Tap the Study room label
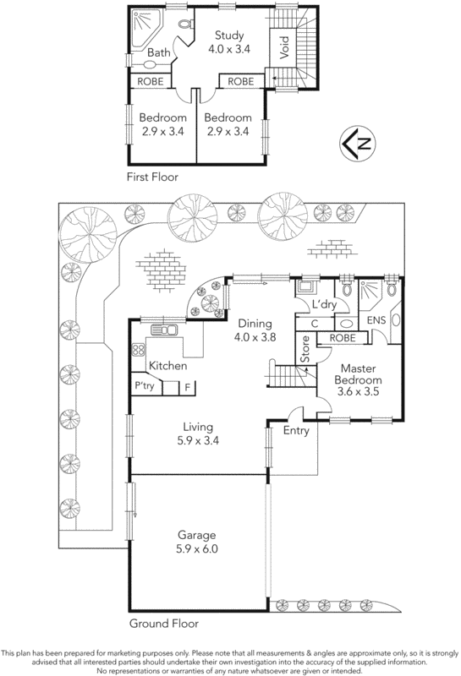pyautogui.click(x=228, y=42)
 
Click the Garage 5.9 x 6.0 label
pyautogui.click(x=196, y=542)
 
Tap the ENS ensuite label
pyautogui.click(x=375, y=322)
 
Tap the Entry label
pyautogui.click(x=297, y=431)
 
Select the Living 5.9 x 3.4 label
pyautogui.click(x=195, y=433)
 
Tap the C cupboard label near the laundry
pyautogui.click(x=314, y=324)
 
